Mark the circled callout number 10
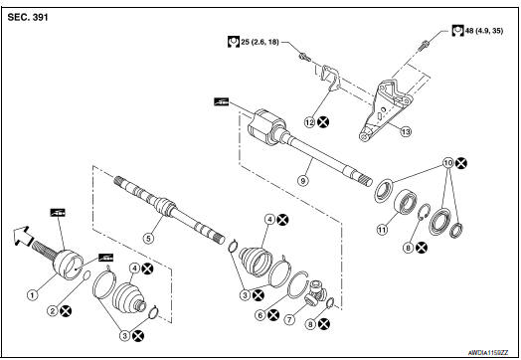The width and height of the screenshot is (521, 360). tap(448, 161)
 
